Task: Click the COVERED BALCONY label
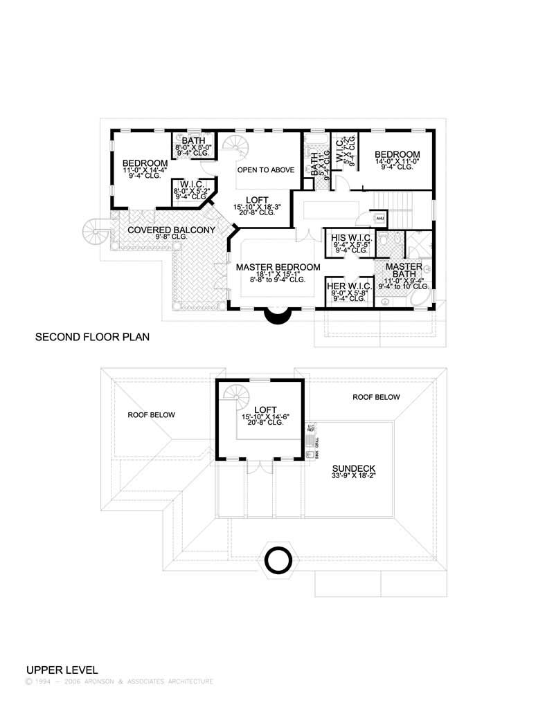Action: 171,230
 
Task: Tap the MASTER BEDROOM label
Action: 278,267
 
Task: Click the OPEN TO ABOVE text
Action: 266,169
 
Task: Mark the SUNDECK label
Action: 354,468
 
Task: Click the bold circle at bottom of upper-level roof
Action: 278,558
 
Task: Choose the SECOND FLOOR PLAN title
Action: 92,338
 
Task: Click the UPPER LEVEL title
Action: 62,670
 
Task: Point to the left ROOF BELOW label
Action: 151,415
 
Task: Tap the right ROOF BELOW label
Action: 376,397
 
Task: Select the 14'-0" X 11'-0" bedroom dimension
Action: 397,160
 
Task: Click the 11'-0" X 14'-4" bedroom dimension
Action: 145,170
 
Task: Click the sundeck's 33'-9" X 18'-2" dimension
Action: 354,476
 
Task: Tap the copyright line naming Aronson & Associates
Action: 119,681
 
